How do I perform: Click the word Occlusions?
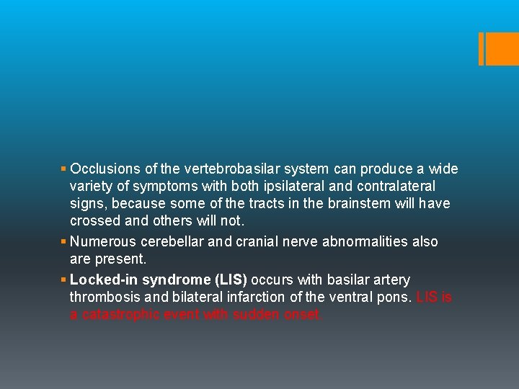click(105, 169)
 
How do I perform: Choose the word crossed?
click(95, 220)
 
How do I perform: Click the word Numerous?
click(102, 241)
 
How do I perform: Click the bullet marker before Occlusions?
click(64, 169)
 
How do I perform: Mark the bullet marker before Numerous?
click(64, 241)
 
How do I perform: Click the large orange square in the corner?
click(503, 49)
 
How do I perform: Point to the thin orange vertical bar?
click(481, 49)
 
